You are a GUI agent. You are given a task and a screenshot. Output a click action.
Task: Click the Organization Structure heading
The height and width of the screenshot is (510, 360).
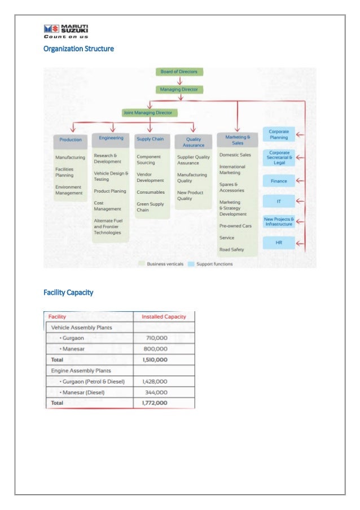click(x=78, y=49)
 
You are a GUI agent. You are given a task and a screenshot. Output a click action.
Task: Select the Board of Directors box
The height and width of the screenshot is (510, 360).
click(x=179, y=72)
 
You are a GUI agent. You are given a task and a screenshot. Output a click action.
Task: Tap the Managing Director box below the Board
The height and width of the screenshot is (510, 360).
click(x=179, y=89)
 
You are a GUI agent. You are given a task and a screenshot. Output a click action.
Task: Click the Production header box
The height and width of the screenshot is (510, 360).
click(x=71, y=140)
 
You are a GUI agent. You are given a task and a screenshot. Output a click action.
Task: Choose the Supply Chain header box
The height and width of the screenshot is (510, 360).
click(x=150, y=138)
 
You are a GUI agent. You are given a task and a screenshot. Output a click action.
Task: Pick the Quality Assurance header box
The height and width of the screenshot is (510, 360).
click(x=194, y=141)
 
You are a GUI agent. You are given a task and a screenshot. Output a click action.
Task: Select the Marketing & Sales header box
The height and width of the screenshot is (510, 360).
click(x=237, y=140)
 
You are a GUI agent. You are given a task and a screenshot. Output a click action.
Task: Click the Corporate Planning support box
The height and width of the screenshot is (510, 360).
click(x=279, y=134)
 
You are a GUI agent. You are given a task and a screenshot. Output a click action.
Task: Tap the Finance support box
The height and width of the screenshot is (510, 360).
click(x=279, y=181)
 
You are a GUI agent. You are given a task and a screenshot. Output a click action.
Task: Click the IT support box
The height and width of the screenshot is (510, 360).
click(x=279, y=201)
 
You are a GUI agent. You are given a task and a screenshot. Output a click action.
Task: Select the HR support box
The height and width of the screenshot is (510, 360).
click(x=279, y=243)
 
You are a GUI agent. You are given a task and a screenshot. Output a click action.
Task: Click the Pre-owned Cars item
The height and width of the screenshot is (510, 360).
click(x=236, y=226)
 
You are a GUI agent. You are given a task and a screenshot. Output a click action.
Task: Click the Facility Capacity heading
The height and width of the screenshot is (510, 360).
click(x=68, y=293)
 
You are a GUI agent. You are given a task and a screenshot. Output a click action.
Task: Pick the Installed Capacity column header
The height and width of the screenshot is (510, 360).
click(x=164, y=316)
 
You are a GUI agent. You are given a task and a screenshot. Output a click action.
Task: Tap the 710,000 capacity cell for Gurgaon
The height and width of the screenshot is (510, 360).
click(x=155, y=338)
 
